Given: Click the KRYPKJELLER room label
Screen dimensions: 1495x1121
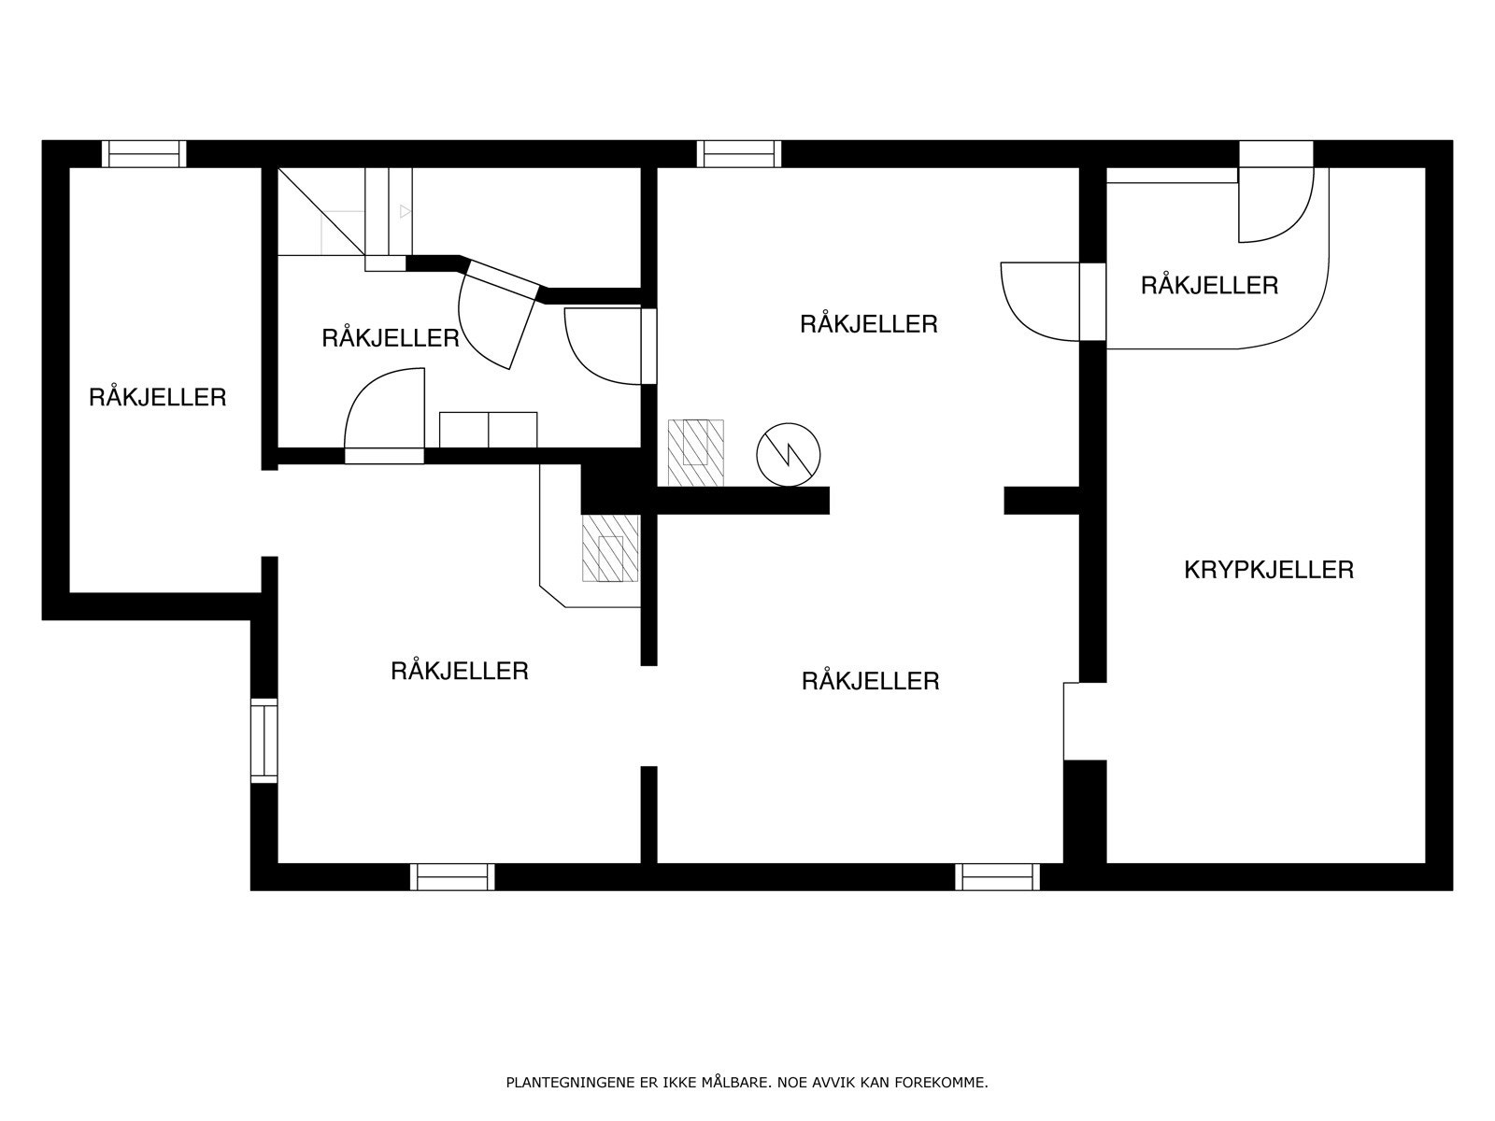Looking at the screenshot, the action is pos(1268,570).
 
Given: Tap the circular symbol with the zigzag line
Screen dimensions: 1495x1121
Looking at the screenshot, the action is pos(788,455).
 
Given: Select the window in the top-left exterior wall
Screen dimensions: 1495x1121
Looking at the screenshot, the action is pos(144,154).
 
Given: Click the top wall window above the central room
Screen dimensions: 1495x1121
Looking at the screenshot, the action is pos(739,154).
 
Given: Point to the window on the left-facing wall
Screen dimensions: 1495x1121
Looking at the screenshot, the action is pos(264,741).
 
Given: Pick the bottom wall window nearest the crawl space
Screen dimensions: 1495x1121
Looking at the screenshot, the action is pos(997,876).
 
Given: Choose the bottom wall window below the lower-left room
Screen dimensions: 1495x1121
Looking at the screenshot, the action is pos(452,876).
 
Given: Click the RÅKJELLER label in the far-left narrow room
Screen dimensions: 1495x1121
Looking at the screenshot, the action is pos(157,398).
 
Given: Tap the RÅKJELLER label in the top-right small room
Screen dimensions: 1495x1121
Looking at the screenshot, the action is pos(1209,286).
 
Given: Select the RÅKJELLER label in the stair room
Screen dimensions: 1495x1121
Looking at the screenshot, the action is pos(391,338).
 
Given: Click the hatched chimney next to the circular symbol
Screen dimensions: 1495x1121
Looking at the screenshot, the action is pos(695,453).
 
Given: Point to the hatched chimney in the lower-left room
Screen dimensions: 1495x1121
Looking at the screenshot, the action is pos(610,548).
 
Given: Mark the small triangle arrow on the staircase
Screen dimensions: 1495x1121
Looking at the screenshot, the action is pos(406,212).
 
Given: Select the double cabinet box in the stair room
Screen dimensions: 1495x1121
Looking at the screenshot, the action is pos(488,430).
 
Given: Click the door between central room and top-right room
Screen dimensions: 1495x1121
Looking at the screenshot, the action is pos(1052,301).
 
